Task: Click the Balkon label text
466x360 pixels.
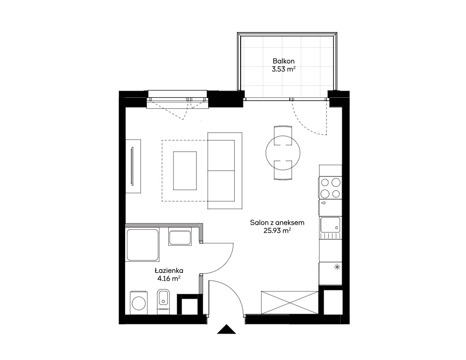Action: click(283, 61)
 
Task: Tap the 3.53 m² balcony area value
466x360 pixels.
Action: click(283, 69)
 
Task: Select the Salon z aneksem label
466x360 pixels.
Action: click(277, 222)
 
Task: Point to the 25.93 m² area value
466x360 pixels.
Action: click(277, 230)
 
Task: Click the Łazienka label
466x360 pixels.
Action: click(169, 271)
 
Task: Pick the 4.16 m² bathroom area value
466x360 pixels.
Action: click(169, 278)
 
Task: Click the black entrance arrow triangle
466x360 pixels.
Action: click(226, 329)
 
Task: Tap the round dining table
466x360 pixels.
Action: click(283, 153)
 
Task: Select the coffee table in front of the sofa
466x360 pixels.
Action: click(185, 171)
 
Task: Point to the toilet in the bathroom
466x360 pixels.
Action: click(163, 301)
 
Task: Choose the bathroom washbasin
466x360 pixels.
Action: click(180, 236)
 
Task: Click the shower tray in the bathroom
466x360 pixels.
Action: click(142, 245)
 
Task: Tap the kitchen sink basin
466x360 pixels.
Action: click(330, 225)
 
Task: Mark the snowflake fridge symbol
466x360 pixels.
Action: click(337, 267)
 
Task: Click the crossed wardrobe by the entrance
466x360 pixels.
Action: click(290, 303)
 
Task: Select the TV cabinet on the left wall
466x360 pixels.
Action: click(133, 166)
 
